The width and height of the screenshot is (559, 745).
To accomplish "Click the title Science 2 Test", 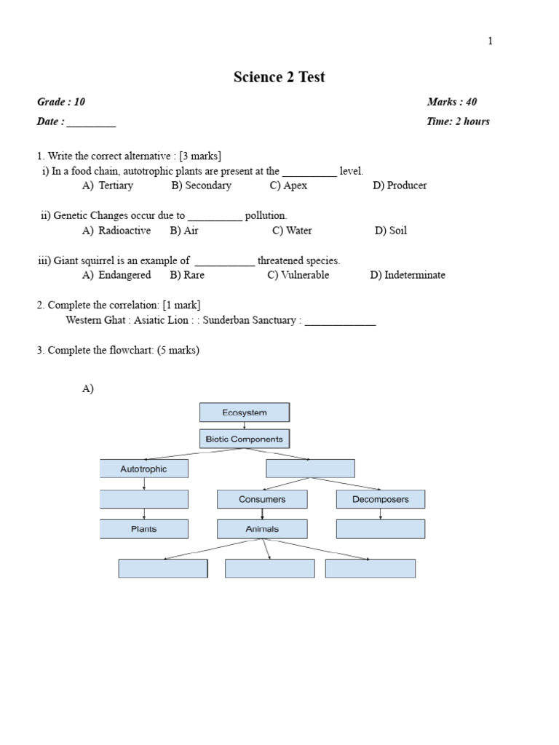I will [279, 77].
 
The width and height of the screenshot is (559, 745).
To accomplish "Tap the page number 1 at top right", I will [490, 41].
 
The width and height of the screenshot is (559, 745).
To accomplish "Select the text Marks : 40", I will [451, 102].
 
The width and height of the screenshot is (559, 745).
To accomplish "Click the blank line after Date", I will [91, 122].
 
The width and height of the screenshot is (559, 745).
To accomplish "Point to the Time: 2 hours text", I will [458, 121].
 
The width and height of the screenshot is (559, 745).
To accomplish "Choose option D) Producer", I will [400, 186].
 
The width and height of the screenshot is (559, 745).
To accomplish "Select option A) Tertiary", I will [108, 186].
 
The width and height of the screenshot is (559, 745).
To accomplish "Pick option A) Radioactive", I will [116, 231].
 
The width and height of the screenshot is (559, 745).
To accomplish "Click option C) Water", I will [292, 231].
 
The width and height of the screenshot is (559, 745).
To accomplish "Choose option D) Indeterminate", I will [407, 275].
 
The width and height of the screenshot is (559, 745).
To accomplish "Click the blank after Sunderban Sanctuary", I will [340, 320].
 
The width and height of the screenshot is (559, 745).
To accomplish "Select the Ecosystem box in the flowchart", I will [245, 413].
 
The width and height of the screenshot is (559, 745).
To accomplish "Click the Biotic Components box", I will [245, 439].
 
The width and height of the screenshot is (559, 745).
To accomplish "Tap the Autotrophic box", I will [143, 469].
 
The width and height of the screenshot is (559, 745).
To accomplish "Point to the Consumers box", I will [262, 499].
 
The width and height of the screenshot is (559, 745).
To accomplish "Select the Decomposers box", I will [380, 499].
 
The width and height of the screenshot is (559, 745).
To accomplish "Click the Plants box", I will [143, 529].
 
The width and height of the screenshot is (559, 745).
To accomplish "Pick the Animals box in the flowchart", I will [262, 529].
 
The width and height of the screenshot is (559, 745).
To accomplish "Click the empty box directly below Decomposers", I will [380, 529].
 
